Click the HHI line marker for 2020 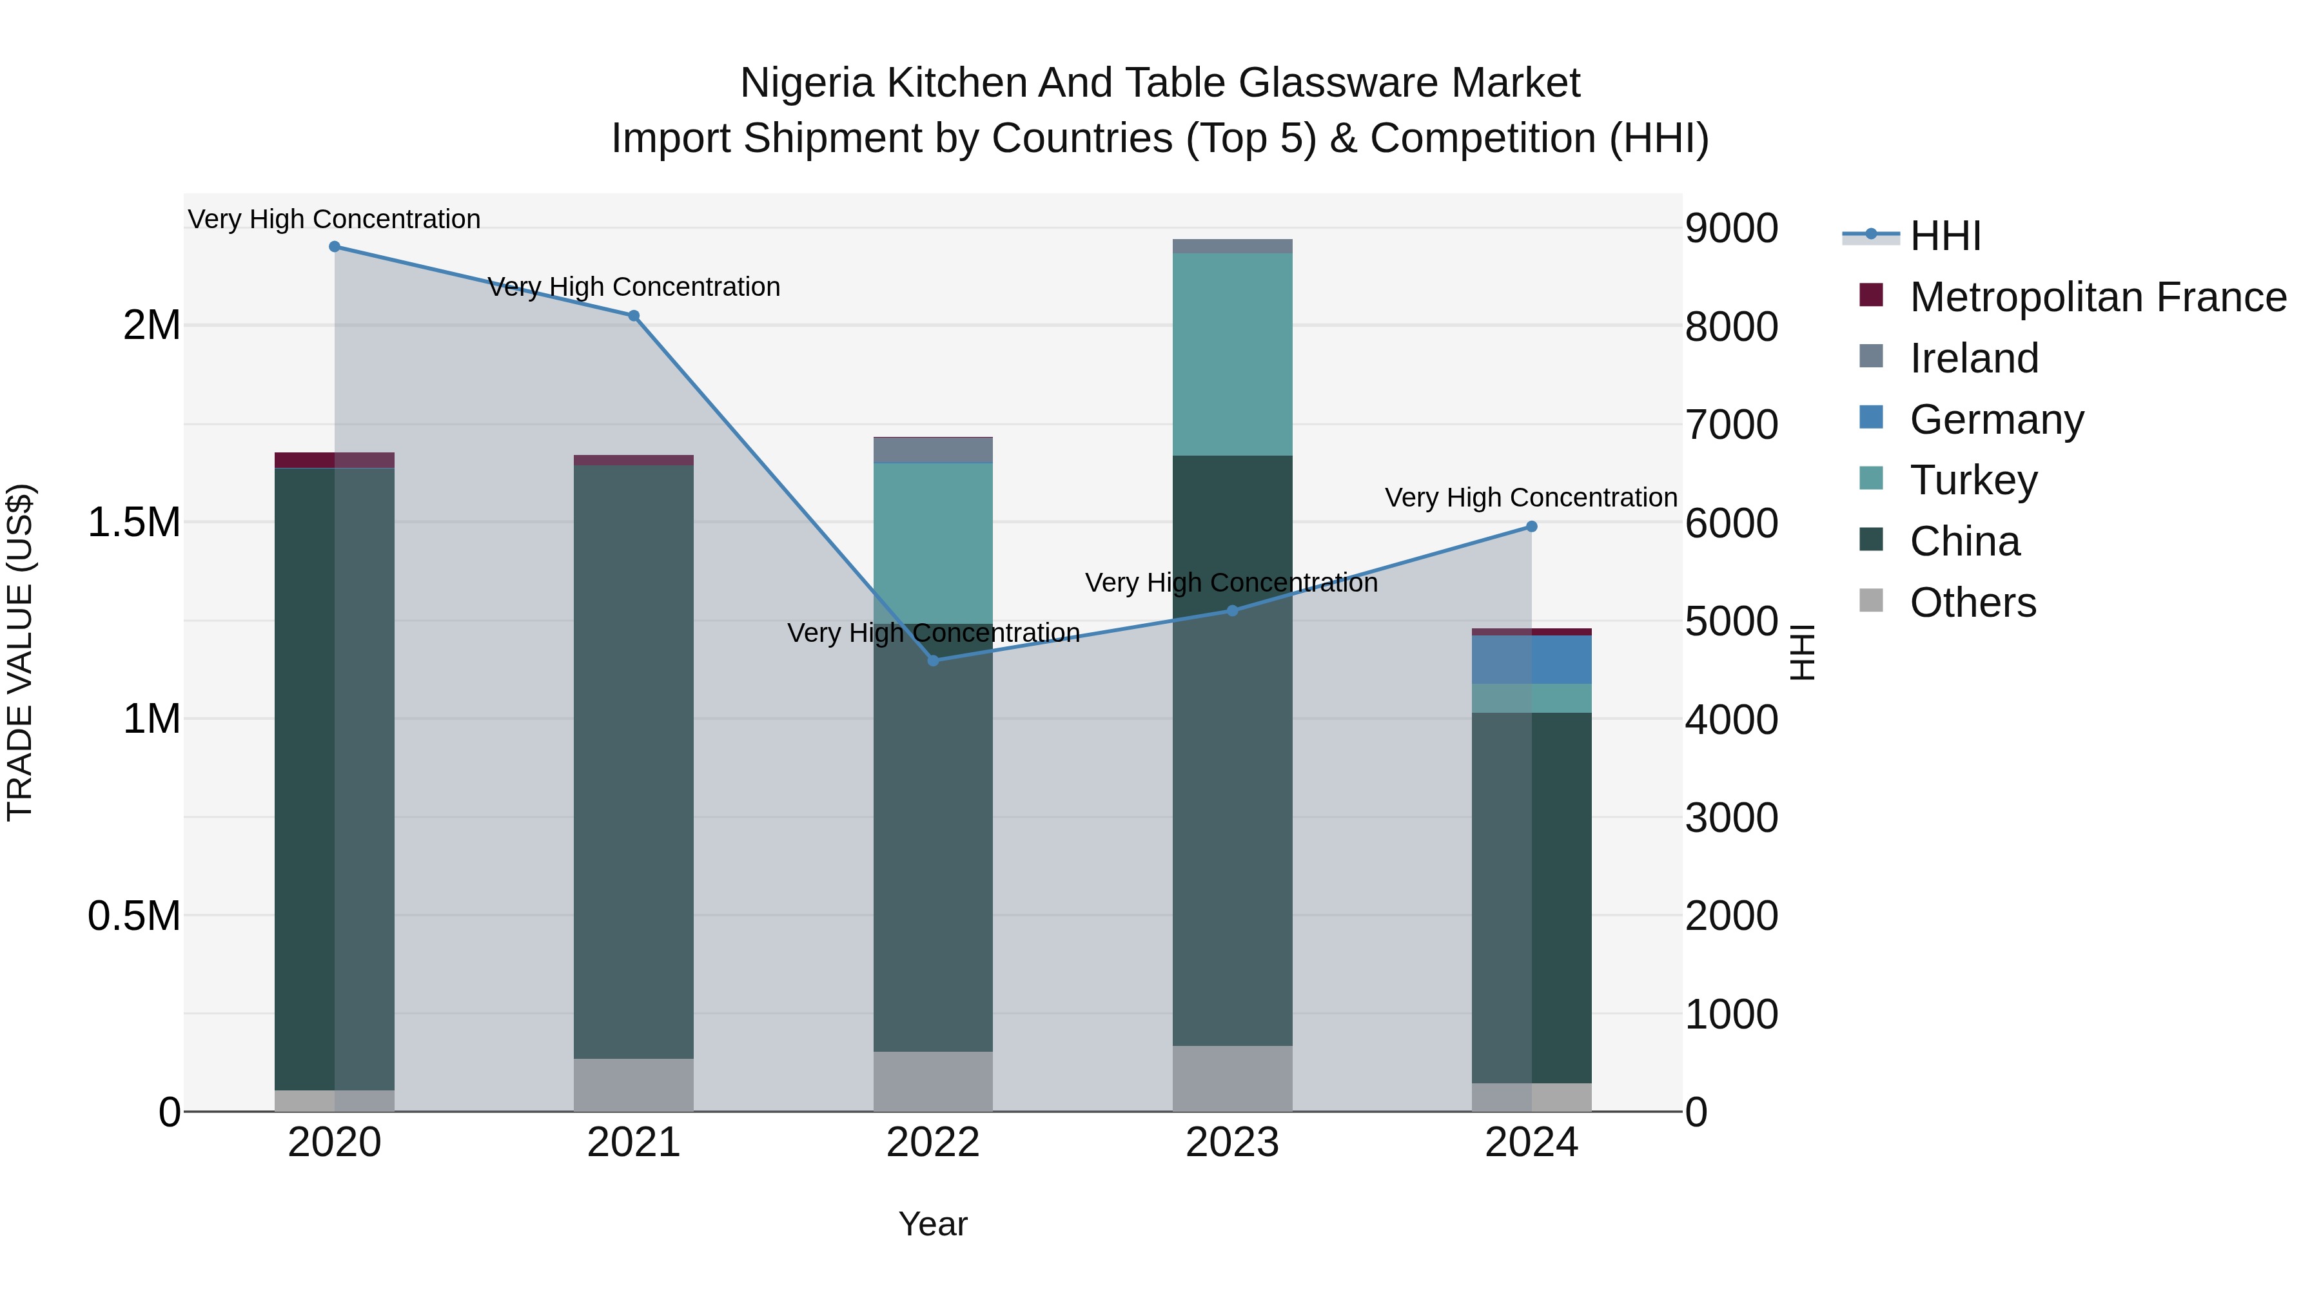click(x=334, y=247)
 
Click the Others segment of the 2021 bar click(x=633, y=1085)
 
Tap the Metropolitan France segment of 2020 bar click(x=334, y=460)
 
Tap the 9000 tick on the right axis click(x=1732, y=229)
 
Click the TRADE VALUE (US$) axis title click(x=20, y=652)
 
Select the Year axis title click(x=932, y=1224)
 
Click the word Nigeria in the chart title click(x=807, y=83)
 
